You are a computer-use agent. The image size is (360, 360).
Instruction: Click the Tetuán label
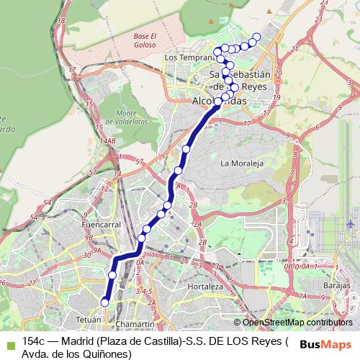click(89, 318)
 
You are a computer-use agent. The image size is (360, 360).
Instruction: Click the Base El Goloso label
click(145, 40)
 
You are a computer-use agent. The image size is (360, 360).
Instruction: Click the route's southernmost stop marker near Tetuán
click(104, 303)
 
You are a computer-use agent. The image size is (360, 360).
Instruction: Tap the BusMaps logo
click(320, 344)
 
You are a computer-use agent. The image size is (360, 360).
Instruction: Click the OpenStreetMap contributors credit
click(297, 323)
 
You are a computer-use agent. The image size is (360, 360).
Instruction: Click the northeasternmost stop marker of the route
click(256, 36)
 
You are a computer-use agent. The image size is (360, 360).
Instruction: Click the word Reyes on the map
click(255, 86)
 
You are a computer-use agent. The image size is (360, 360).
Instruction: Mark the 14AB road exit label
click(109, 141)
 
